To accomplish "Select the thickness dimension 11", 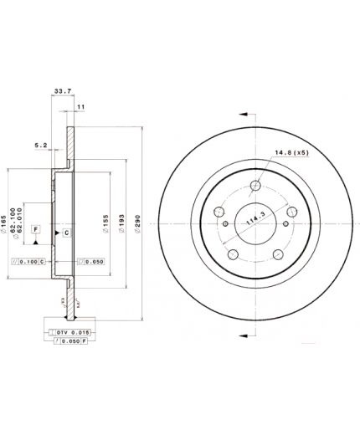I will pyautogui.click(x=81, y=108).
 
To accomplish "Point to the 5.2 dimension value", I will pyautogui.click(x=40, y=144).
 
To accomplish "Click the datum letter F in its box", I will pyautogui.click(x=37, y=228).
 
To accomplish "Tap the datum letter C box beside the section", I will pyautogui.click(x=67, y=231).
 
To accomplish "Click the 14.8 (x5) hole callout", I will pyautogui.click(x=288, y=152).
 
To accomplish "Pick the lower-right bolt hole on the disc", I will pyautogui.click(x=279, y=255).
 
